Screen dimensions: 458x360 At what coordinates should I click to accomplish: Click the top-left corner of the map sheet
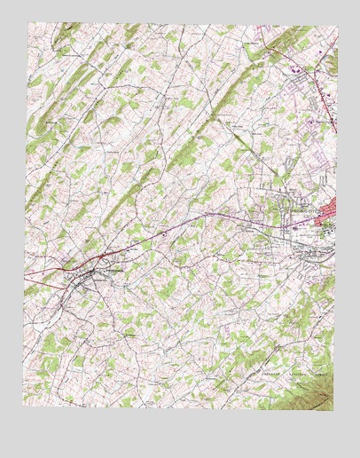point(27,23)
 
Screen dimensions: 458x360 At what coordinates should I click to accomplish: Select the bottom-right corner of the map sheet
point(334,411)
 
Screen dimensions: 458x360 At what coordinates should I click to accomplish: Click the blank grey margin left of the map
point(11,222)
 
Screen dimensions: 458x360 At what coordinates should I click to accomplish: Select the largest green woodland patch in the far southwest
point(49,342)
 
